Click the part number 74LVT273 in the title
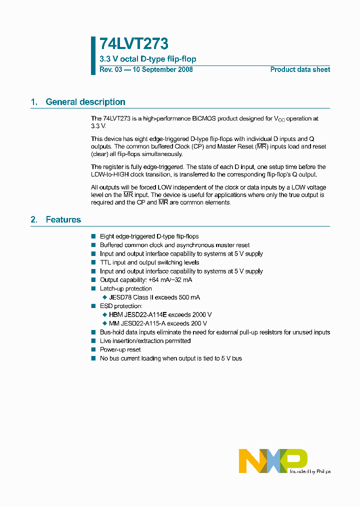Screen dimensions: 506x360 (134, 44)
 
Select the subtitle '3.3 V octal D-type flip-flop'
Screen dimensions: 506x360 (148, 59)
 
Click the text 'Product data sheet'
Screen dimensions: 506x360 (300, 69)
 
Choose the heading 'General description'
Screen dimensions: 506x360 (85, 102)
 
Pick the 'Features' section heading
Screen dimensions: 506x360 (63, 219)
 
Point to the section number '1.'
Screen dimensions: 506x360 (34, 102)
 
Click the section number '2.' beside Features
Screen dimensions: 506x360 (34, 219)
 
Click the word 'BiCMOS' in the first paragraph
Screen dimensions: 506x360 (205, 118)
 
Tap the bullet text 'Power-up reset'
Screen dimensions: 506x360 (120, 349)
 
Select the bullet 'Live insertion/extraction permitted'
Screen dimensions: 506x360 (145, 341)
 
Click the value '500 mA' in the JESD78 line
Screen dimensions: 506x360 (188, 297)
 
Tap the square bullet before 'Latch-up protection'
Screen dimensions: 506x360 (93, 288)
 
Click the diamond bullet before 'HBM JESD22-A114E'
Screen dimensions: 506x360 (104, 315)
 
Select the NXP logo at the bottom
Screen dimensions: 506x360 (272, 460)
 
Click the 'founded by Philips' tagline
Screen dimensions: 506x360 (310, 471)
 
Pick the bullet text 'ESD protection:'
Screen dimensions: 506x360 (121, 306)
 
